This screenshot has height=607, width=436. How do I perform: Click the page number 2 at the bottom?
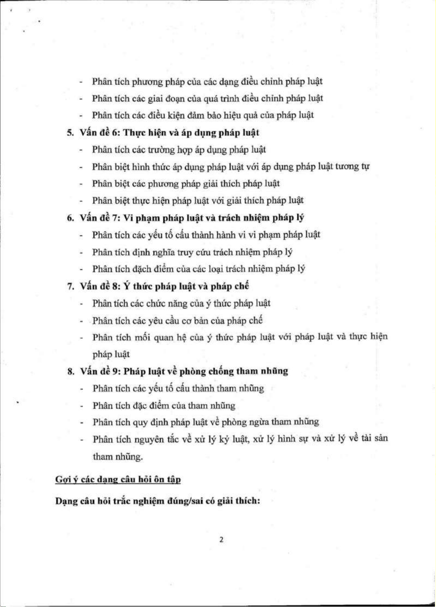(x=221, y=540)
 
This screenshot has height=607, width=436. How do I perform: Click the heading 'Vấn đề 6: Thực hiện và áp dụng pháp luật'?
(x=169, y=133)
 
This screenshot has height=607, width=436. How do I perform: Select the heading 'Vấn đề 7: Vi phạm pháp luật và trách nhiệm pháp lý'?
(x=192, y=218)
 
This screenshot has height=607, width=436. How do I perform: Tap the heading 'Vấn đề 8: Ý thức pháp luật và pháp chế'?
(x=164, y=286)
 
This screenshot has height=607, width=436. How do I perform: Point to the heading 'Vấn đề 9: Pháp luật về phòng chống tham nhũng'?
(x=184, y=371)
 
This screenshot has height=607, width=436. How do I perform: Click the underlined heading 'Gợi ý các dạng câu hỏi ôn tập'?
(x=118, y=479)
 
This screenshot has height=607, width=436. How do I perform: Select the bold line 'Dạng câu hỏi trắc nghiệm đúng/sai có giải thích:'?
(x=157, y=501)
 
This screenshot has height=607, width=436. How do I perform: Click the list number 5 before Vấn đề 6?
(x=70, y=133)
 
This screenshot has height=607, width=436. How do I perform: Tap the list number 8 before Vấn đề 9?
(x=71, y=372)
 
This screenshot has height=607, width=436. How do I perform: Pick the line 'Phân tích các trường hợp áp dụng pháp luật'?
(x=179, y=150)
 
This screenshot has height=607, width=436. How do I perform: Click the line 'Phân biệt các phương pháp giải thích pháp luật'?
(x=185, y=184)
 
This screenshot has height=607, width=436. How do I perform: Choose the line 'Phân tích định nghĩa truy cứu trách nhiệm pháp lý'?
(x=192, y=252)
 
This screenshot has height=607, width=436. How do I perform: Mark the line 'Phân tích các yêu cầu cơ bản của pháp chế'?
(x=177, y=320)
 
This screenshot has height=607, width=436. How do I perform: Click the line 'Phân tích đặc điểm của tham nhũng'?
(x=164, y=406)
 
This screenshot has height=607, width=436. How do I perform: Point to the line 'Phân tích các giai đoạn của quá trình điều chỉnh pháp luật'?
(x=207, y=99)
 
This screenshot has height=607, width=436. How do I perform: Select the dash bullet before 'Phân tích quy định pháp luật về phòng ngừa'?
(x=82, y=423)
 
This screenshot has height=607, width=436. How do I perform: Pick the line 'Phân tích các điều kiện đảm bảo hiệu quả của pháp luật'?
(x=203, y=116)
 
